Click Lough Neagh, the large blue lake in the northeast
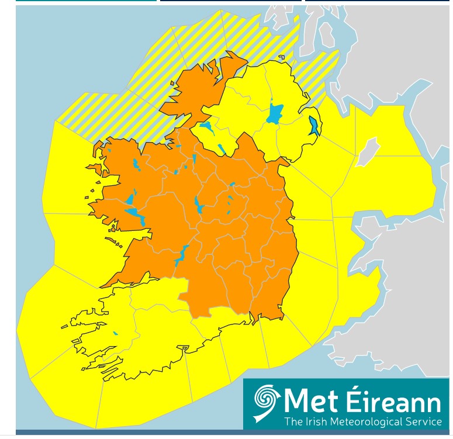click(274, 113)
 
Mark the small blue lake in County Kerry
click(115, 333)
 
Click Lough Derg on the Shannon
click(181, 255)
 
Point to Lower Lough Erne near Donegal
click(205, 125)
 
